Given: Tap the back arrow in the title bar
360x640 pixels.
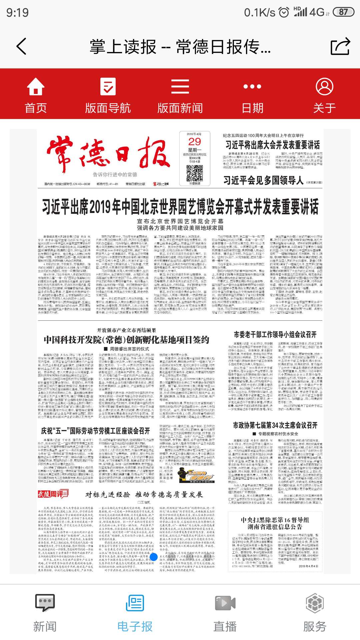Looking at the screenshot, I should click(22, 46).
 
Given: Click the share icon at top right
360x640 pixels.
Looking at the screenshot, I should click(340, 46).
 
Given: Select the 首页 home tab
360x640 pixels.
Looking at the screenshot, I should click(36, 95).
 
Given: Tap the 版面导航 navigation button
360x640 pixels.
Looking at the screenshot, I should click(108, 95).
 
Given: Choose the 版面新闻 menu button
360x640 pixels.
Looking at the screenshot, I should click(180, 95).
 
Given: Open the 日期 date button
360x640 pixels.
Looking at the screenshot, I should click(252, 95).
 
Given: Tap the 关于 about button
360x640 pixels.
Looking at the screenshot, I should click(324, 95).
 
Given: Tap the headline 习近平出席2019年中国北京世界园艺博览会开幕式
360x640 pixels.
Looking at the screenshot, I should click(180, 207).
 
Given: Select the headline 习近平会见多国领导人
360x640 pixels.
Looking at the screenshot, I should click(263, 180).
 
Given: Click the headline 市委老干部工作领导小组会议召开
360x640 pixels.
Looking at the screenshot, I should click(275, 334).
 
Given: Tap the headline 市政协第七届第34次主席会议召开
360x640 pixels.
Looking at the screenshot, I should click(275, 425).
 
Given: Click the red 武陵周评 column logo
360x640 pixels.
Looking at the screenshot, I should click(53, 494).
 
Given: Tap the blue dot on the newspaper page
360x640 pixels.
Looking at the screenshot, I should click(154, 556).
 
